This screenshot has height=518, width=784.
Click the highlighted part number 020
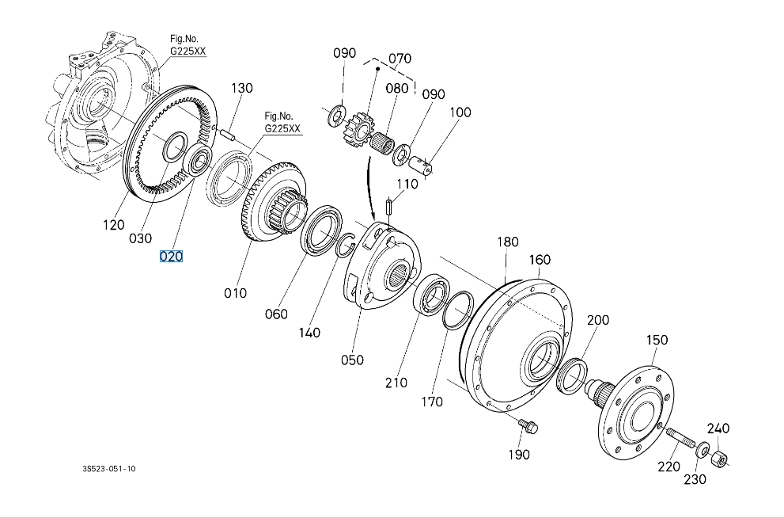click(172, 257)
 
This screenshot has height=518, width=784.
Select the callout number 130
click(242, 88)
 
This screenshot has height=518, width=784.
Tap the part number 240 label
click(718, 428)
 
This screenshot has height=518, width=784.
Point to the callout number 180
click(507, 242)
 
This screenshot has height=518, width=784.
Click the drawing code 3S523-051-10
click(109, 469)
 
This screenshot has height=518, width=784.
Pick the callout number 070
click(400, 59)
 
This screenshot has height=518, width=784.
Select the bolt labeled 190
click(528, 428)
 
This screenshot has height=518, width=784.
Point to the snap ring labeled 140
click(346, 246)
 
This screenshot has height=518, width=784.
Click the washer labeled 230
click(702, 451)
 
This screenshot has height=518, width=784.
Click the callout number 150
click(657, 340)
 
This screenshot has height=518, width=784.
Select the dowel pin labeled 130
click(229, 134)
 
